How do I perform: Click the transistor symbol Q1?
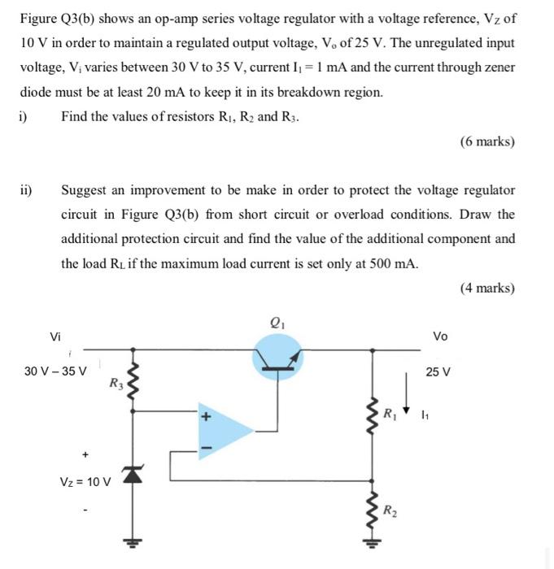[x=279, y=354]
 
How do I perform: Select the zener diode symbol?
[x=129, y=475]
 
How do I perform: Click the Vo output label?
[x=439, y=336]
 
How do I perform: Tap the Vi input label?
[x=55, y=336]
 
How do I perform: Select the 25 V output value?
[x=438, y=371]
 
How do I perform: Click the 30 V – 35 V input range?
[x=55, y=371]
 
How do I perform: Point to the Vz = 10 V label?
[x=85, y=481]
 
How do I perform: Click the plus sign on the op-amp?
[x=206, y=418]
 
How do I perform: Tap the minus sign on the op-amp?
[x=206, y=446]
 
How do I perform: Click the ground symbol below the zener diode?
[x=129, y=542]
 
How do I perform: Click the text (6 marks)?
[x=486, y=141]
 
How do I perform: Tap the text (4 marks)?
[x=486, y=288]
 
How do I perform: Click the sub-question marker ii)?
[x=26, y=190]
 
